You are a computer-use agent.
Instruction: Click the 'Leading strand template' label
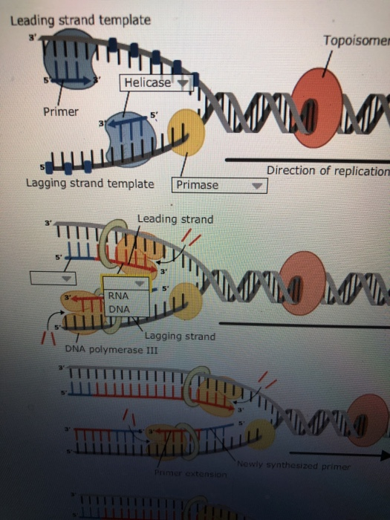(x=80, y=20)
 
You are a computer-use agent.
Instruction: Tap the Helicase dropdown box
(x=156, y=82)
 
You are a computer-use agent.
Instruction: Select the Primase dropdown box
(x=218, y=185)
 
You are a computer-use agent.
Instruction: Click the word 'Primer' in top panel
(x=61, y=112)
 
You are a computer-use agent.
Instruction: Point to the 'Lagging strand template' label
(x=90, y=183)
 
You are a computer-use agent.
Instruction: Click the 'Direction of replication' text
(x=328, y=171)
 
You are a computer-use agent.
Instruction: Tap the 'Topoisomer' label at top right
(x=356, y=39)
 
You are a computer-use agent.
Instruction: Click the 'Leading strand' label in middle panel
(x=175, y=219)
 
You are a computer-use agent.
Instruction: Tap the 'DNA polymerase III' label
(x=103, y=349)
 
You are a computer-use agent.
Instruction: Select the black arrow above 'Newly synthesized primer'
(x=338, y=452)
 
